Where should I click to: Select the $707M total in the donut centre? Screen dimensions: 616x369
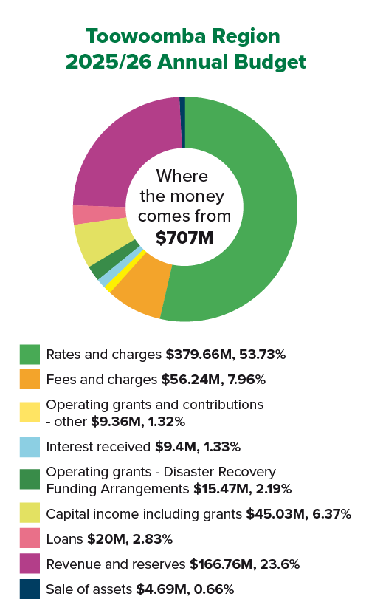point(184,237)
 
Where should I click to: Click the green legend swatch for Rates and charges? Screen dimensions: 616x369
point(30,354)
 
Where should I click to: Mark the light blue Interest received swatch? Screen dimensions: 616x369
point(30,447)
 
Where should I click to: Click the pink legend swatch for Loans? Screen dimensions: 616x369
point(30,538)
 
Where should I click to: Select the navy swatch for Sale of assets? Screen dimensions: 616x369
point(30,589)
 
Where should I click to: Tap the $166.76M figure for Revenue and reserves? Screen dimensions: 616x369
point(219,564)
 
